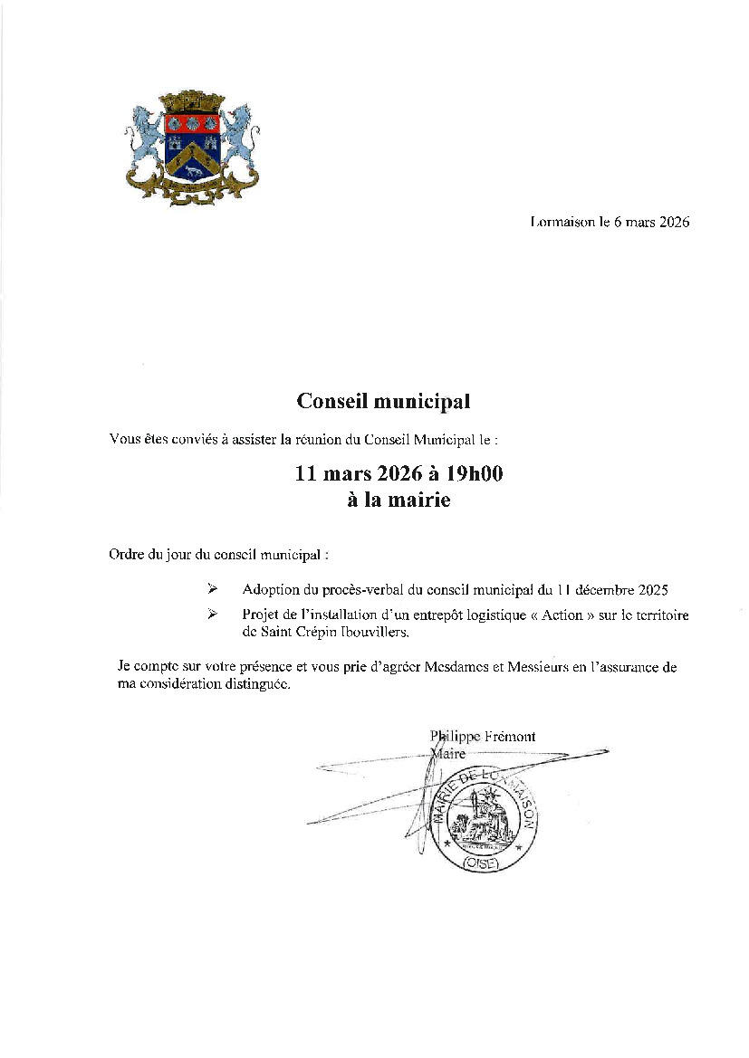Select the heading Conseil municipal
click(384, 400)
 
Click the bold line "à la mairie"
click(399, 499)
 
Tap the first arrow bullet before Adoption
click(213, 589)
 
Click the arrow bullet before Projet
click(213, 615)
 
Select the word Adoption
click(272, 589)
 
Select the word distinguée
click(256, 685)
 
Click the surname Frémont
click(509, 737)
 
